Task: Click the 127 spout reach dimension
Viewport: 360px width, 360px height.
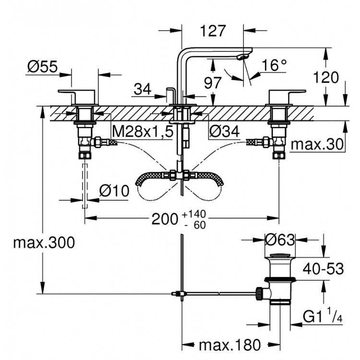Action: point(213,31)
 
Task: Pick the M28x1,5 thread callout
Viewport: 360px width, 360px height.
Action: point(142,131)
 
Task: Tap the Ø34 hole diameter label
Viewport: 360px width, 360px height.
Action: point(224,131)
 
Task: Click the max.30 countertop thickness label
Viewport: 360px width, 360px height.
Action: point(318,144)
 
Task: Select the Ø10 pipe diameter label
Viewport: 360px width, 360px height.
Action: point(114,191)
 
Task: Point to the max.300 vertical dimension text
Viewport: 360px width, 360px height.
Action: point(44,243)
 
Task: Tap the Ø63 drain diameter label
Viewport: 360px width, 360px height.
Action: point(280,239)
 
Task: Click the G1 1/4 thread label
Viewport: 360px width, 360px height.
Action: point(323,316)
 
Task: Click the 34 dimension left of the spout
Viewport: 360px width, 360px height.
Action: point(143,88)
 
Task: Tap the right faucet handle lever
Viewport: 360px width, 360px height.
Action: point(287,92)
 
